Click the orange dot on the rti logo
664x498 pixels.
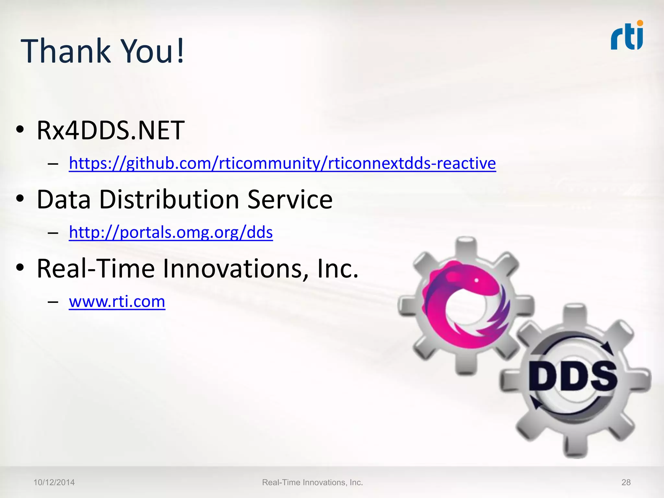point(640,23)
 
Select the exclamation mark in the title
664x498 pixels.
point(180,51)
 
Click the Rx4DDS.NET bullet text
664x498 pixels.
point(111,130)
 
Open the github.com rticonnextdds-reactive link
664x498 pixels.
point(282,163)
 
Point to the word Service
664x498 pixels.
point(290,199)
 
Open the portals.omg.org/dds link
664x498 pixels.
point(171,232)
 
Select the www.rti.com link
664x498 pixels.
point(117,302)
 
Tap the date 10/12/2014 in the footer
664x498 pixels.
point(54,482)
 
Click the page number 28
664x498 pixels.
point(626,482)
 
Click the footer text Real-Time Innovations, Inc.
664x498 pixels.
point(312,482)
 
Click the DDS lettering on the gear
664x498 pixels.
point(573,376)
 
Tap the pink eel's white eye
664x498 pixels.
point(477,280)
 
